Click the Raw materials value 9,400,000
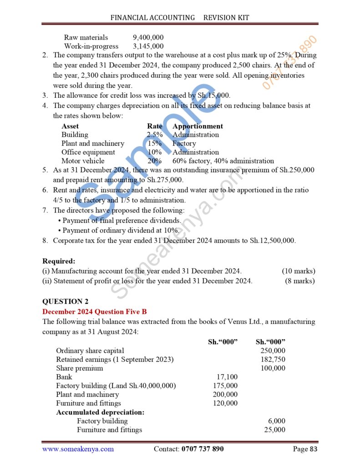pos(148,37)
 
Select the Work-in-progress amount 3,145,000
pos(148,46)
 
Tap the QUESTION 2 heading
pos(65,301)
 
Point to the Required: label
pos(59,261)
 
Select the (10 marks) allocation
pos(298,271)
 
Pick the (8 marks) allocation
pos(299,281)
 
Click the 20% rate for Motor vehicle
pos(154,161)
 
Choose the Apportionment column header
pos(198,126)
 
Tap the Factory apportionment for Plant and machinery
pos(184,143)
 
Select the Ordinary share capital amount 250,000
pos(273,350)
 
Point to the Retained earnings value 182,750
pos(273,360)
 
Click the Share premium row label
pos(80,368)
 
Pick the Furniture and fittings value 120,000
pos(225,403)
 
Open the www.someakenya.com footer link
pos(78,449)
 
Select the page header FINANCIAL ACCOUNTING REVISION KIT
pos(180,18)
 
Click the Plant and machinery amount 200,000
pos(225,395)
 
